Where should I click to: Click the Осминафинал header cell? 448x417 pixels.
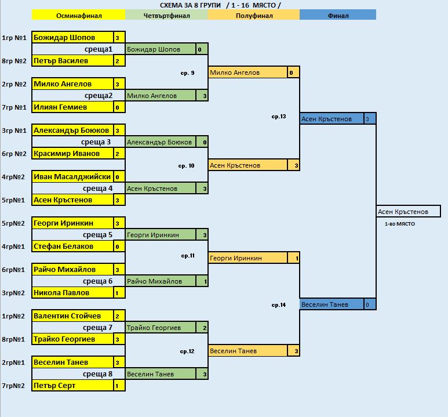(x=79, y=15)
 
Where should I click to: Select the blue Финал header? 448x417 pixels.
(x=338, y=15)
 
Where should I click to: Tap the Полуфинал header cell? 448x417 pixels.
(x=254, y=15)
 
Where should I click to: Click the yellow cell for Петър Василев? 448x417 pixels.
(x=72, y=61)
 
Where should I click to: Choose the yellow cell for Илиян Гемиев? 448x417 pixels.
(x=72, y=107)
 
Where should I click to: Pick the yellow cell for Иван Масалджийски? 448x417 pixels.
(x=72, y=177)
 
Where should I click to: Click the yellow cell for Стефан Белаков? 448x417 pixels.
(x=72, y=246)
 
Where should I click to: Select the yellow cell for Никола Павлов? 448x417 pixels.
(x=72, y=292)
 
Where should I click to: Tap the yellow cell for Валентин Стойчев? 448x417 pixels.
(x=72, y=316)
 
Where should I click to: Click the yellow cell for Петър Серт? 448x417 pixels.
(x=72, y=386)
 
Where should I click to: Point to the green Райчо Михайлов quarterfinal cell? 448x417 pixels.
(x=161, y=281)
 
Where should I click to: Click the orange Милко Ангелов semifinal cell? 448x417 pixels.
(x=247, y=72)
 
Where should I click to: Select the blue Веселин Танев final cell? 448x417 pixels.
(x=332, y=304)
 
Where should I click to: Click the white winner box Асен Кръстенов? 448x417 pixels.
(x=409, y=211)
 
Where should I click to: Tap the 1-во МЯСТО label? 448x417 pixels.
(x=400, y=224)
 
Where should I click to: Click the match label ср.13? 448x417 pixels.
(x=279, y=117)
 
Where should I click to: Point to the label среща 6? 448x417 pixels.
(x=97, y=281)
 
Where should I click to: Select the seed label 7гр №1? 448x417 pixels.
(x=14, y=107)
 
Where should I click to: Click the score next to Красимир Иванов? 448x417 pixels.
(x=119, y=154)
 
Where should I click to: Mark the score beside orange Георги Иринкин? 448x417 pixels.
(x=293, y=258)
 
